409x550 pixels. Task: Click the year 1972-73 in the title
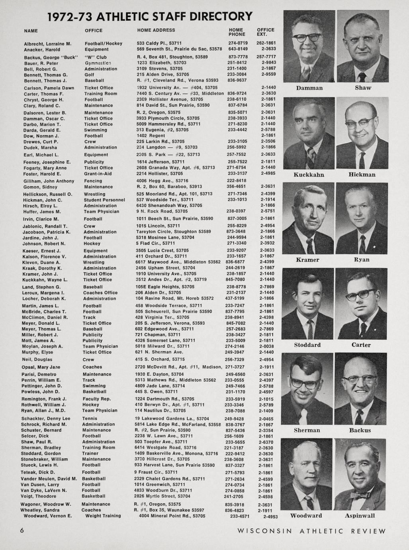pyautogui.click(x=70, y=17)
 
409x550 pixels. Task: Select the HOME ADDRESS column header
pyautogui.click(x=156, y=30)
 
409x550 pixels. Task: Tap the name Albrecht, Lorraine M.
pyautogui.click(x=47, y=43)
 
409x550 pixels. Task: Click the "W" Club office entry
pyautogui.click(x=96, y=57)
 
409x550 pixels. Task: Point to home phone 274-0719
pyautogui.click(x=238, y=43)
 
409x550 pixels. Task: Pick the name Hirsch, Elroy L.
pyautogui.click(x=40, y=206)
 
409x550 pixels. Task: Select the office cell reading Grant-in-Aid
pyautogui.click(x=98, y=174)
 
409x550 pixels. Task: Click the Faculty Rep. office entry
pyautogui.click(x=97, y=399)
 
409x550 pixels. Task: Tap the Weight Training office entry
pyautogui.click(x=103, y=516)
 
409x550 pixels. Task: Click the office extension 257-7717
pyautogui.click(x=266, y=57)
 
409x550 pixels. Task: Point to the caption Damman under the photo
pyautogui.click(x=309, y=88)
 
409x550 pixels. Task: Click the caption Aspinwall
pyautogui.click(x=360, y=516)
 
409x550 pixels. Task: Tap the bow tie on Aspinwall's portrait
pyautogui.click(x=359, y=495)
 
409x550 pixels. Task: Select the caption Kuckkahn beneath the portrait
pyautogui.click(x=309, y=175)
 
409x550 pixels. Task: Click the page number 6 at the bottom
pyautogui.click(x=22, y=530)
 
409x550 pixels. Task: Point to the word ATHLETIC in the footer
pyautogui.click(x=321, y=531)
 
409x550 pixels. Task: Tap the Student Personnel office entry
pyautogui.click(x=104, y=200)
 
